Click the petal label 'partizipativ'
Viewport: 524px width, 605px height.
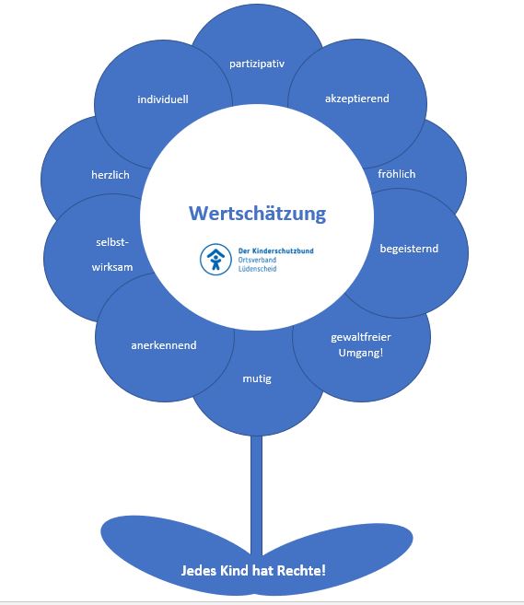point(257,64)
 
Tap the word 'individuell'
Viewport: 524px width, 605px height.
point(163,99)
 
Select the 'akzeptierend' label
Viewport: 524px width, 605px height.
point(357,99)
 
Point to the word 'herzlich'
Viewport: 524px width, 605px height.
point(111,175)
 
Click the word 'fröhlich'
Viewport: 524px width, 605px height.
point(397,174)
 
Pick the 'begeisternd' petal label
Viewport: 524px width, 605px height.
point(409,249)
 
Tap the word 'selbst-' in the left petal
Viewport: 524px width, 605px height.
point(112,242)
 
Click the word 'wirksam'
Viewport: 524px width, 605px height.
point(112,267)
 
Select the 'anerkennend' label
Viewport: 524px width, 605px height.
point(164,345)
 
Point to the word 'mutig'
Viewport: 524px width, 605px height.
point(257,378)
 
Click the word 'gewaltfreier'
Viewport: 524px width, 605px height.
point(361,337)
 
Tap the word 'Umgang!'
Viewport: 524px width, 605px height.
point(361,353)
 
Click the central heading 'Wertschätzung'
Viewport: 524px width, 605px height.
point(257,214)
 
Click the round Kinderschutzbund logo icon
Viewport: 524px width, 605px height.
point(215,260)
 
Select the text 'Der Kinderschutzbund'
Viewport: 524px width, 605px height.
point(276,250)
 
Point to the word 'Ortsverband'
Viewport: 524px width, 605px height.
point(257,260)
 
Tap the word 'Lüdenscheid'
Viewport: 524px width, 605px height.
point(257,269)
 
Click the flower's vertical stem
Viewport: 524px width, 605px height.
point(256,495)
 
